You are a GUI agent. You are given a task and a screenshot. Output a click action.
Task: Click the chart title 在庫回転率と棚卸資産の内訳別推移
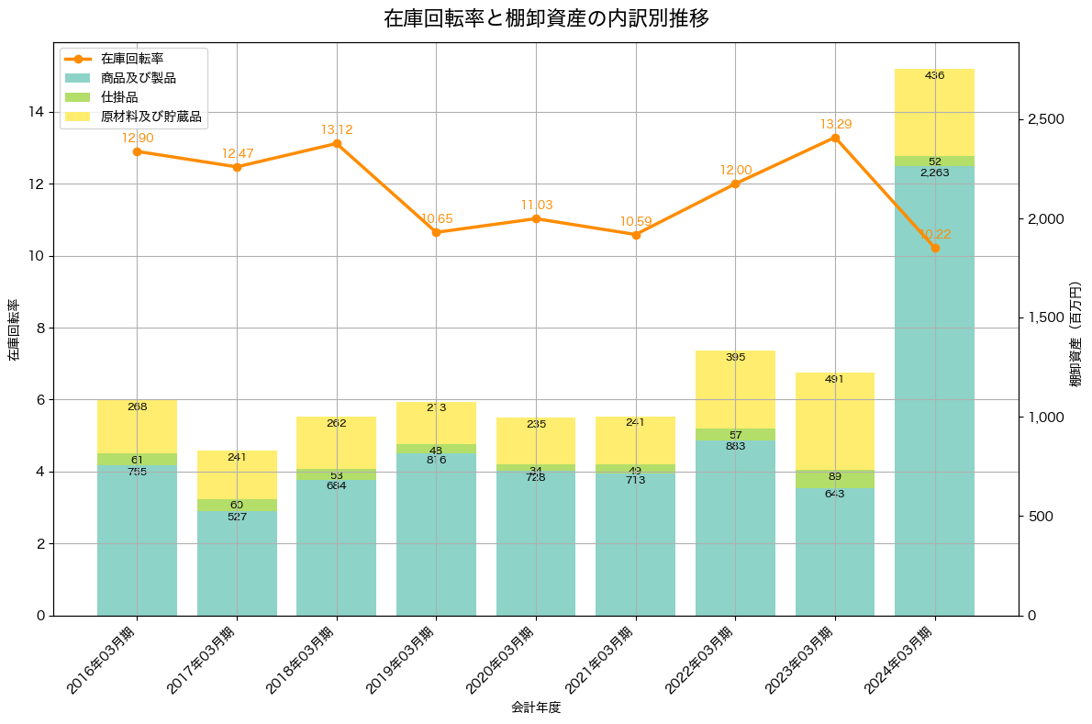(x=545, y=18)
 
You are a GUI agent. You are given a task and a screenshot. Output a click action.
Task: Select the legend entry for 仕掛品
(x=119, y=97)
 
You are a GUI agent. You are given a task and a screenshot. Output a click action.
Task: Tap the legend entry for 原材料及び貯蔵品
(x=150, y=117)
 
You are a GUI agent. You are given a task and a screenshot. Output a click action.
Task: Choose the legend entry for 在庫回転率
(x=132, y=59)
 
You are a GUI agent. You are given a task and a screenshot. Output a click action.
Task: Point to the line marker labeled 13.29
(x=835, y=138)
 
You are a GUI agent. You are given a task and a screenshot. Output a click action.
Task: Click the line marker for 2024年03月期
(x=935, y=248)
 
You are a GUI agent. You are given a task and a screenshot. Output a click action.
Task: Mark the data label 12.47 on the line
(x=237, y=153)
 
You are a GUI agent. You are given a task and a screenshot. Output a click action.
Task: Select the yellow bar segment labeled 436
(x=935, y=112)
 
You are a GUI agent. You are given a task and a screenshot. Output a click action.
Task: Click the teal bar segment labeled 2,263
(x=935, y=385)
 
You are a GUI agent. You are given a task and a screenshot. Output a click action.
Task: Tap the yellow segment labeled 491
(x=835, y=420)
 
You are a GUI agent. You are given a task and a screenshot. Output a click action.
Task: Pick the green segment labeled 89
(x=835, y=478)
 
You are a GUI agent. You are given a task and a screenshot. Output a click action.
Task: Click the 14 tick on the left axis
(x=34, y=112)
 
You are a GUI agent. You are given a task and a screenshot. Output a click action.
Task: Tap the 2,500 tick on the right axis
(x=1045, y=119)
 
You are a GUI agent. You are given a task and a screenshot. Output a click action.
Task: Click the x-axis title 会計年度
(x=536, y=707)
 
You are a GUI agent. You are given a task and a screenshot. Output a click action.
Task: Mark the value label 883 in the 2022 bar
(x=735, y=446)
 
